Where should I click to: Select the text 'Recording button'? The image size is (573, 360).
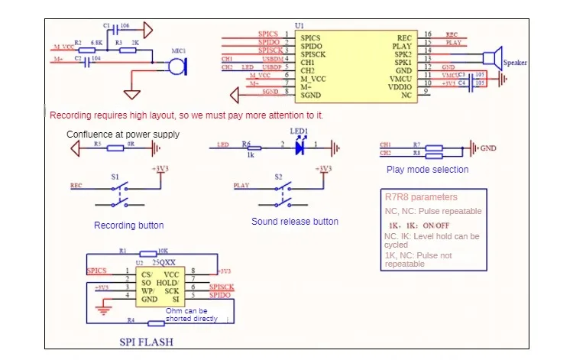(x=128, y=225)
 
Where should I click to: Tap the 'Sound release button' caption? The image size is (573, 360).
(x=295, y=222)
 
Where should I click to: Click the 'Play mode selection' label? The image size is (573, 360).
(x=427, y=170)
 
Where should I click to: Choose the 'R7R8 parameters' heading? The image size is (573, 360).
(x=421, y=197)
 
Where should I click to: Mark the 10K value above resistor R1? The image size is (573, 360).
(x=163, y=251)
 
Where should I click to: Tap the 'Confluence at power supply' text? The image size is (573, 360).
(x=123, y=134)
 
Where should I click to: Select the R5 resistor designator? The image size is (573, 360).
(x=97, y=143)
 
